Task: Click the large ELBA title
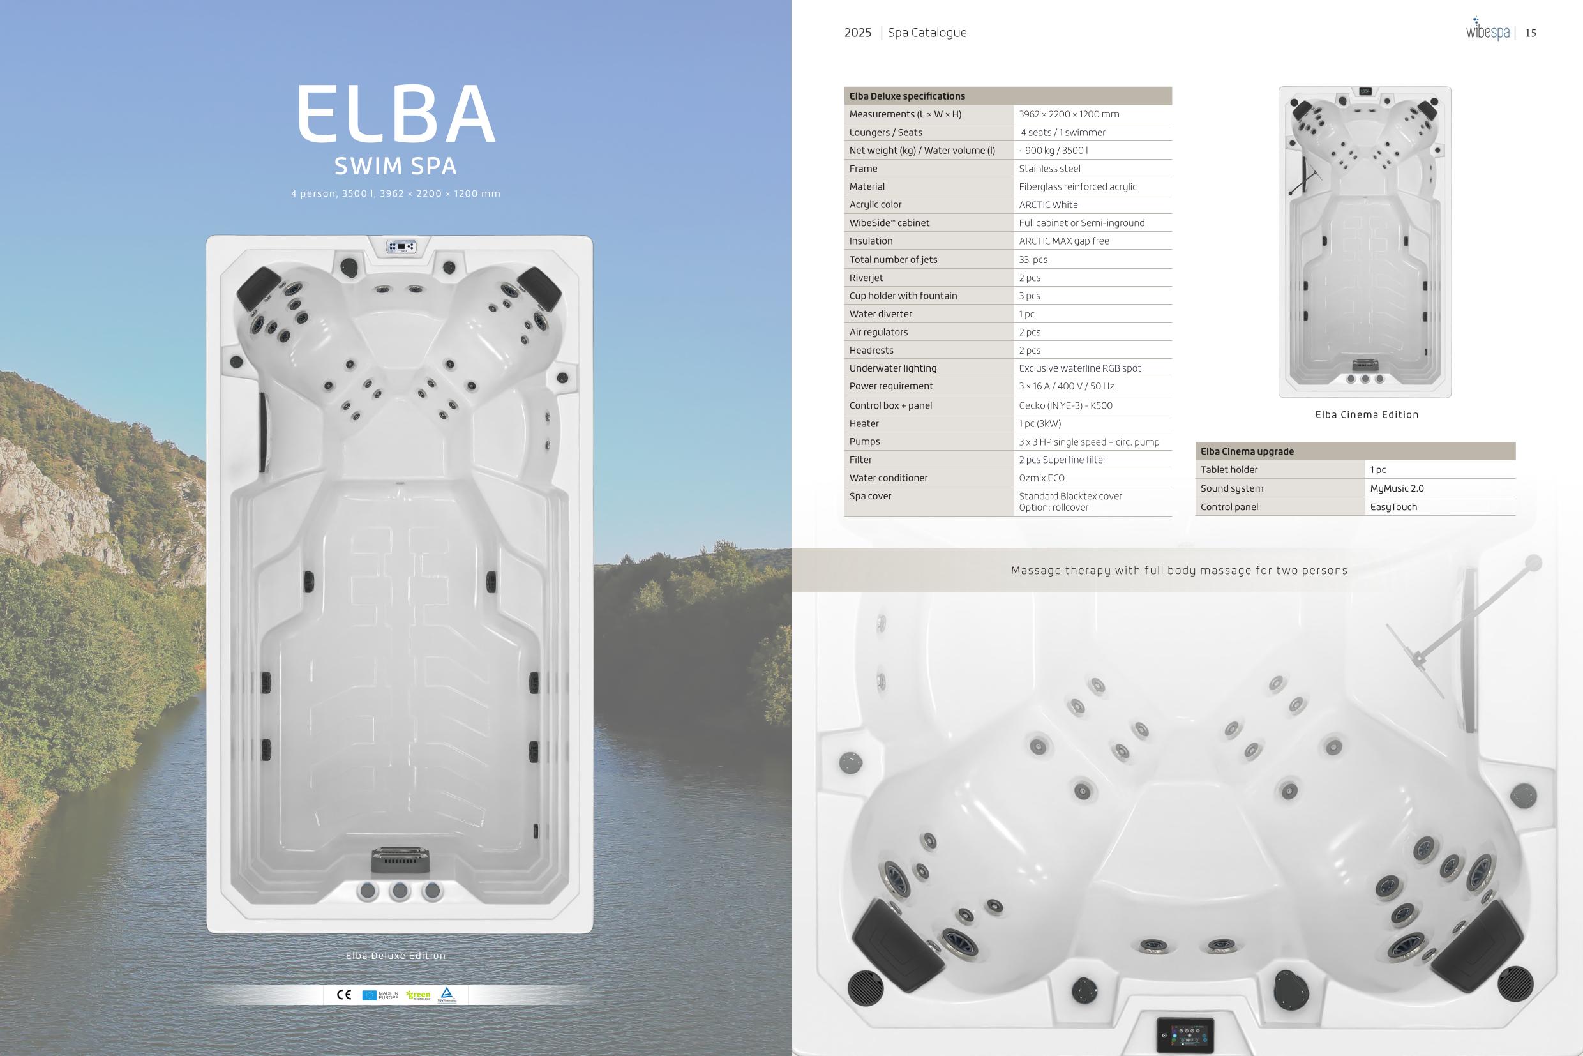click(396, 114)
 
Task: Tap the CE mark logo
click(344, 995)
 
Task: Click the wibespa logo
click(1487, 29)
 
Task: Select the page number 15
click(1531, 33)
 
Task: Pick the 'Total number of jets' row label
click(893, 259)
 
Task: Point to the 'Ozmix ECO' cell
click(1042, 478)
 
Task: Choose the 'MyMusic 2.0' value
click(1397, 488)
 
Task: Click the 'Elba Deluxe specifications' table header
click(907, 96)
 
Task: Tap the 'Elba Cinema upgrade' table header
click(1247, 451)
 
